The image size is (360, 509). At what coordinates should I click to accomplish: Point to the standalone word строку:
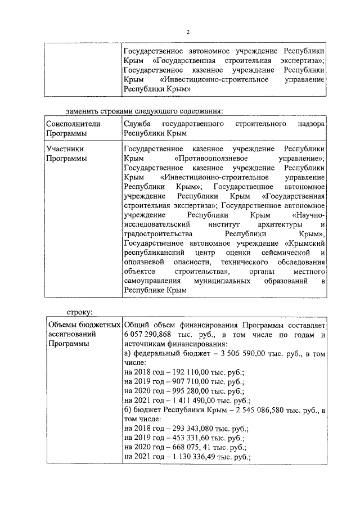(x=79, y=311)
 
